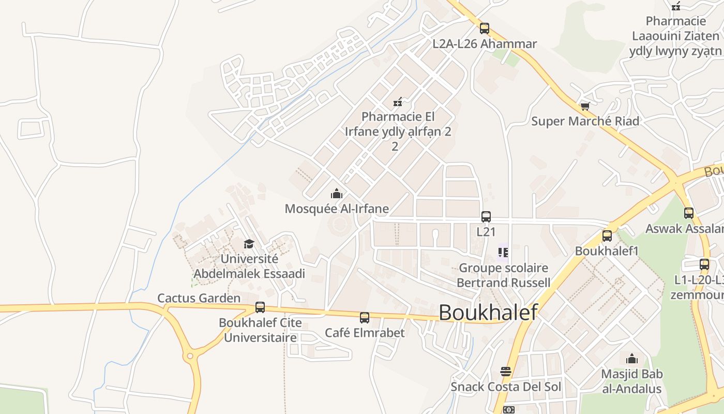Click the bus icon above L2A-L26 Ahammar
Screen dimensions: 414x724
click(485, 28)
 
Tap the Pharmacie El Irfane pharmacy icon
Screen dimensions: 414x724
click(398, 101)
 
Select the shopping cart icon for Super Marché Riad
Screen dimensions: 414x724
click(585, 106)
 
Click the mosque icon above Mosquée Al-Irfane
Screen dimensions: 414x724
click(337, 194)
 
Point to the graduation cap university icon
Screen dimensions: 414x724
click(249, 244)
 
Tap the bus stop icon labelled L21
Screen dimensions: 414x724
click(486, 217)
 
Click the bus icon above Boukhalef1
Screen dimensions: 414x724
click(607, 236)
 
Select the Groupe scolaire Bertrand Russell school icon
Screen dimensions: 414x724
click(503, 253)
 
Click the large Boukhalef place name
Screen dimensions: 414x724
click(488, 313)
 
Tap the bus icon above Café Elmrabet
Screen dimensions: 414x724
click(365, 317)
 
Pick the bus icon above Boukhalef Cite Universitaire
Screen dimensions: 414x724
click(260, 307)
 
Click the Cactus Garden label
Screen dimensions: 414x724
click(199, 298)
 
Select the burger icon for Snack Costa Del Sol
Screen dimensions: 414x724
click(506, 372)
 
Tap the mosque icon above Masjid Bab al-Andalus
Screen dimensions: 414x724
click(631, 359)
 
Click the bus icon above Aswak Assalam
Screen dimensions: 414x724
click(689, 213)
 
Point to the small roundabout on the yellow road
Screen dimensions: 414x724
click(190, 356)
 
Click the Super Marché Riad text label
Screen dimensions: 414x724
click(585, 121)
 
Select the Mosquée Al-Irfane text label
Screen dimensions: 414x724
click(337, 209)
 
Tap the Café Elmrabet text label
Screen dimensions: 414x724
click(365, 332)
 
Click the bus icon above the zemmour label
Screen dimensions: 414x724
click(704, 264)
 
